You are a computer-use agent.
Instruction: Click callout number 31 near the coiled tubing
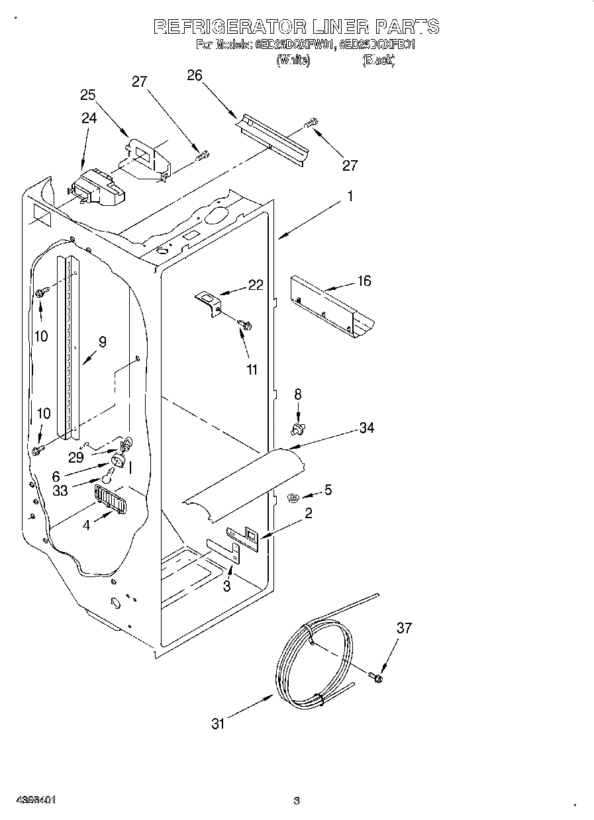pos(218,724)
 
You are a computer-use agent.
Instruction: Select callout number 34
pos(366,428)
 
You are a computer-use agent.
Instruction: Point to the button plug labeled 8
pos(297,430)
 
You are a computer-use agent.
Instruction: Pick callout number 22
pos(255,285)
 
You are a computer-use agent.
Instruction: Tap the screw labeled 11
pos(246,324)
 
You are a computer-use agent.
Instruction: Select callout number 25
pos(88,95)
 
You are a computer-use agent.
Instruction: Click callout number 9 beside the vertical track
pos(102,342)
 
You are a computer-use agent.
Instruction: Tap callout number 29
pos(77,457)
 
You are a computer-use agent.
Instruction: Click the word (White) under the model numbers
pos(293,60)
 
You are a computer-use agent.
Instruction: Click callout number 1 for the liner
pos(350,197)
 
